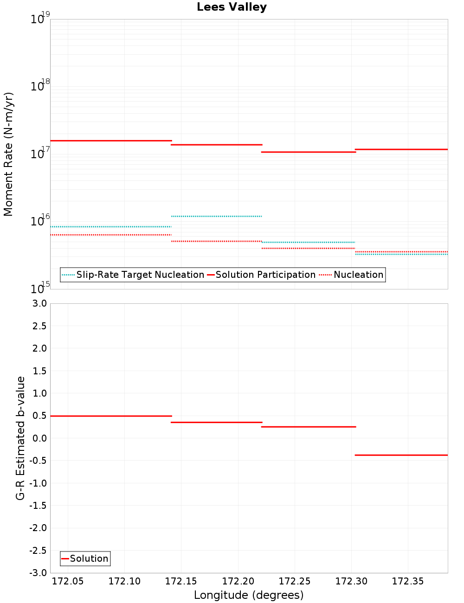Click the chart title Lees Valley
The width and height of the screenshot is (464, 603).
(x=232, y=7)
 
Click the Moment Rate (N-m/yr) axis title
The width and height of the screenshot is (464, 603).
(x=8, y=154)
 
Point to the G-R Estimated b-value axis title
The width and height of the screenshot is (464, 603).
(x=20, y=438)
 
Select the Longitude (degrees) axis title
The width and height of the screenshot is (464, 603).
(x=249, y=595)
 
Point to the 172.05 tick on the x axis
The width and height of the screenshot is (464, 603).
(x=68, y=582)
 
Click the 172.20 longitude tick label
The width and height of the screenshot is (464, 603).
(x=238, y=582)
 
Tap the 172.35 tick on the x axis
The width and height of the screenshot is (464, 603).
(x=408, y=582)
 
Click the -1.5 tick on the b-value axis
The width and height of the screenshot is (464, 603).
(x=38, y=506)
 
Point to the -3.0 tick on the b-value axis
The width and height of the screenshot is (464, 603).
(x=38, y=573)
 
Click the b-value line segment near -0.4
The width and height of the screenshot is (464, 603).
(x=401, y=455)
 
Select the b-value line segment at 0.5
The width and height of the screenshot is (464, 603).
(x=111, y=416)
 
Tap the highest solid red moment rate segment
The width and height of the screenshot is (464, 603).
(x=111, y=141)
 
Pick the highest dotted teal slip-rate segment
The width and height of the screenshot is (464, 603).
(x=217, y=216)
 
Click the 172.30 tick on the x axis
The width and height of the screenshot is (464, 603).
(x=351, y=582)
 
